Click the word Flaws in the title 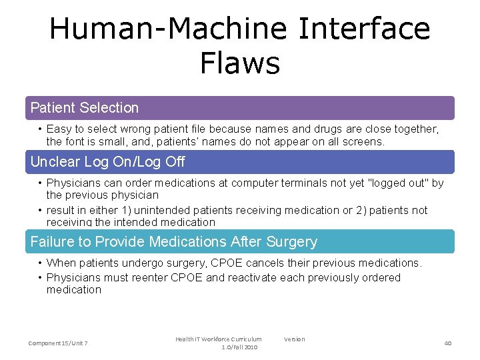click(x=239, y=63)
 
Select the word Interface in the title click(x=365, y=29)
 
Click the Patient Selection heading click(x=85, y=108)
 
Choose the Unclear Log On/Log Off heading click(x=108, y=162)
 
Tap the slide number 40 click(x=448, y=343)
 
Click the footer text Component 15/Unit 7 click(x=59, y=343)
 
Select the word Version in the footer click(x=294, y=339)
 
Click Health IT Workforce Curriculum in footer click(x=219, y=339)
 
